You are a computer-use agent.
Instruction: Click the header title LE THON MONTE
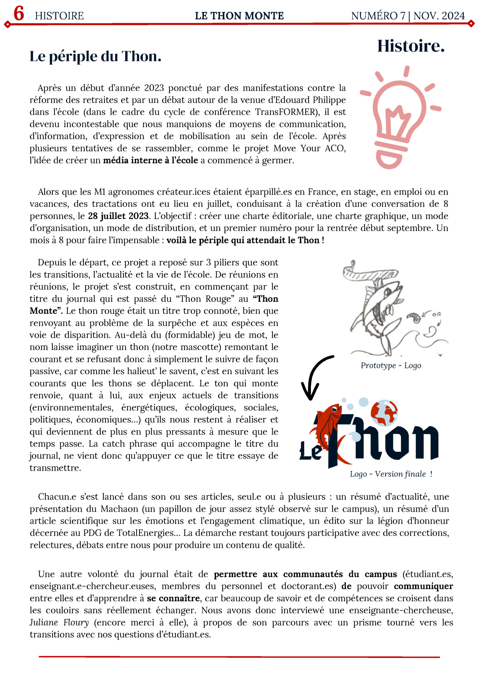pyautogui.click(x=239, y=16)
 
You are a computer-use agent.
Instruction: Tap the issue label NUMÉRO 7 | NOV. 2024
pyautogui.click(x=408, y=16)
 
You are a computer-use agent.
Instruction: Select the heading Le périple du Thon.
pyautogui.click(x=95, y=56)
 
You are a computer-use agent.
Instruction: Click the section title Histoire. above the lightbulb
pyautogui.click(x=411, y=46)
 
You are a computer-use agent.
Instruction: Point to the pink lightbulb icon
pyautogui.click(x=399, y=118)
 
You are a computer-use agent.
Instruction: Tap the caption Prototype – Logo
pyautogui.click(x=391, y=365)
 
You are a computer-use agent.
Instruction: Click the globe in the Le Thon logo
pyautogui.click(x=384, y=412)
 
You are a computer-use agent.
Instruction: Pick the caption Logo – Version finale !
pyautogui.click(x=391, y=474)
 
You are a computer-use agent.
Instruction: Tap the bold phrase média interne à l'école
pyautogui.click(x=150, y=161)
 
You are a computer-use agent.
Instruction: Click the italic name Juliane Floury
pyautogui.click(x=59, y=623)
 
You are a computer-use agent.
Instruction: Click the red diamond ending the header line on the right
pyautogui.click(x=471, y=24)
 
